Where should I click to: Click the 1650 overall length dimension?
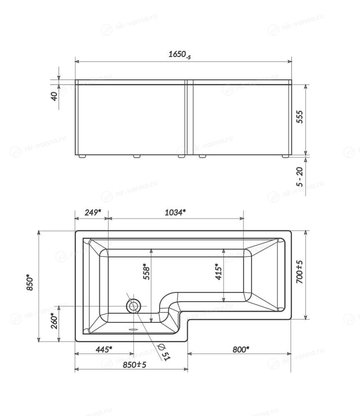[x=179, y=55]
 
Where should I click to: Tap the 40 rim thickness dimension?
[x=54, y=96]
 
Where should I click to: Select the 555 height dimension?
[x=299, y=117]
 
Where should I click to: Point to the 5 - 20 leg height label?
[x=300, y=177]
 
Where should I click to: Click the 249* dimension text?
[x=93, y=212]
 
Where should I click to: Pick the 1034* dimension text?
[x=175, y=212]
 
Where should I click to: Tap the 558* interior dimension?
[x=146, y=272]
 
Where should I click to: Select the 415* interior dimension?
[x=218, y=272]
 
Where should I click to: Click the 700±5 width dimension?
[x=299, y=272]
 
